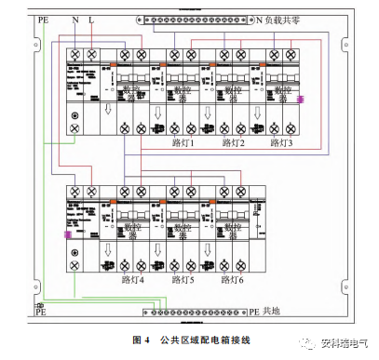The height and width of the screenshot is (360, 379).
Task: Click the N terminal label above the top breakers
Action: [x=74, y=18]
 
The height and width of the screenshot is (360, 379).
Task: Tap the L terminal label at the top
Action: [x=89, y=18]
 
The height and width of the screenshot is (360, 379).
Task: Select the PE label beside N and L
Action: [x=44, y=18]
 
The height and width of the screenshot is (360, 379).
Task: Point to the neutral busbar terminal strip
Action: [x=195, y=19]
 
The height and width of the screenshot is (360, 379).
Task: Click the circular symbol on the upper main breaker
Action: [x=74, y=119]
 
